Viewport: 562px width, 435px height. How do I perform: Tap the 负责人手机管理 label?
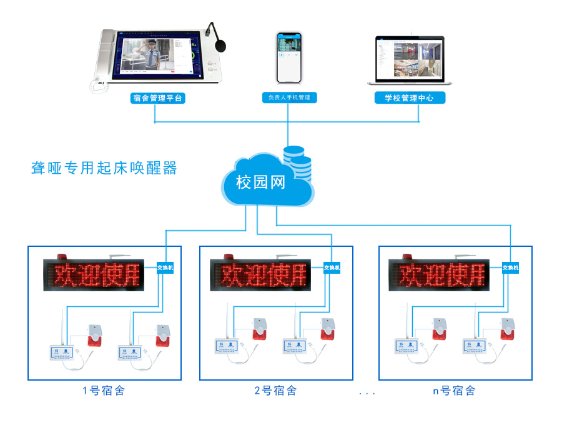point(288,97)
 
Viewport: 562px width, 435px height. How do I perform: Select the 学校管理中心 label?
point(410,97)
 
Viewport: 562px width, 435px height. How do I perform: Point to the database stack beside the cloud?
point(297,162)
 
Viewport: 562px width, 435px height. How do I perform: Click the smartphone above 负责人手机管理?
point(288,57)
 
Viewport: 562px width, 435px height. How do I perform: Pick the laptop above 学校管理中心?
point(409,61)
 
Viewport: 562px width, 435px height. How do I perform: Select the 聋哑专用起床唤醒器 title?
point(104,167)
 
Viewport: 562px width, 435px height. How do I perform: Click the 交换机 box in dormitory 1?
point(165,267)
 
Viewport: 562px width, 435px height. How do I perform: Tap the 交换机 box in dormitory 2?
point(332,267)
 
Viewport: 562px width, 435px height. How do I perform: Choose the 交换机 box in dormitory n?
point(510,267)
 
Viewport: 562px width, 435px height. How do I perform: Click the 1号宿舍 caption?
point(104,391)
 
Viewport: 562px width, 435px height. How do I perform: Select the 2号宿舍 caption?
point(275,391)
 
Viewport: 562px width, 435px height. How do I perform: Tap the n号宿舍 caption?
point(454,391)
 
